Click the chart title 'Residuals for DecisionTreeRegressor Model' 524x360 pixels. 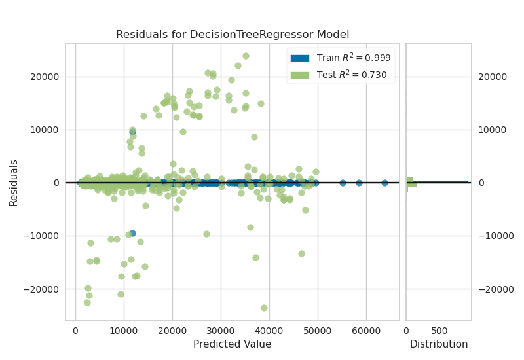point(233,34)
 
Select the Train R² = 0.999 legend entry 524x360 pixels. point(341,58)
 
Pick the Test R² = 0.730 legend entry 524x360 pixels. point(341,75)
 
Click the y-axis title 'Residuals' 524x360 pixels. point(13,182)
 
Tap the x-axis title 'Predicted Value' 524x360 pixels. point(233,344)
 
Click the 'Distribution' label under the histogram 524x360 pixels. point(439,344)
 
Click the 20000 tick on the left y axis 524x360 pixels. point(45,77)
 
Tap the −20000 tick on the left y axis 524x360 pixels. point(42,289)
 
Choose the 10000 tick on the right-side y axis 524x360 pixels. point(494,130)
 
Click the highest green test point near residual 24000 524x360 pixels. point(246,56)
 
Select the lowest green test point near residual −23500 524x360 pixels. point(264,308)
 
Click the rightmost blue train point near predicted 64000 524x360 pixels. point(384,183)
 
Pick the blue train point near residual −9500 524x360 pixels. point(132,233)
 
